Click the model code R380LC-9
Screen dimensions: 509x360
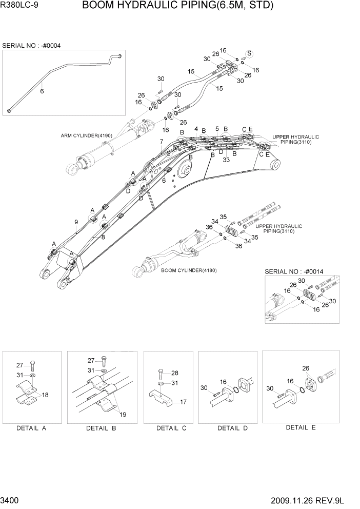(x=20, y=6)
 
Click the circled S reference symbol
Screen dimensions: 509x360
(x=250, y=54)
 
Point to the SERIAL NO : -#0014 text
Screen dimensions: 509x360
(x=293, y=271)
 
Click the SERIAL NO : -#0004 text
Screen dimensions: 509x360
(x=32, y=46)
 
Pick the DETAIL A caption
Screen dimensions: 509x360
(x=31, y=428)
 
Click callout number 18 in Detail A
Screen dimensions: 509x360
(x=45, y=395)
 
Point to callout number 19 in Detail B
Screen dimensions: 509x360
(x=122, y=415)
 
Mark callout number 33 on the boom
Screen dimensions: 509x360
(x=226, y=160)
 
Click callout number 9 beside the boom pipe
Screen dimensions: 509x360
(x=75, y=222)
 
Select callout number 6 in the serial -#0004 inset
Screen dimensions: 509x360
(x=42, y=91)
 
